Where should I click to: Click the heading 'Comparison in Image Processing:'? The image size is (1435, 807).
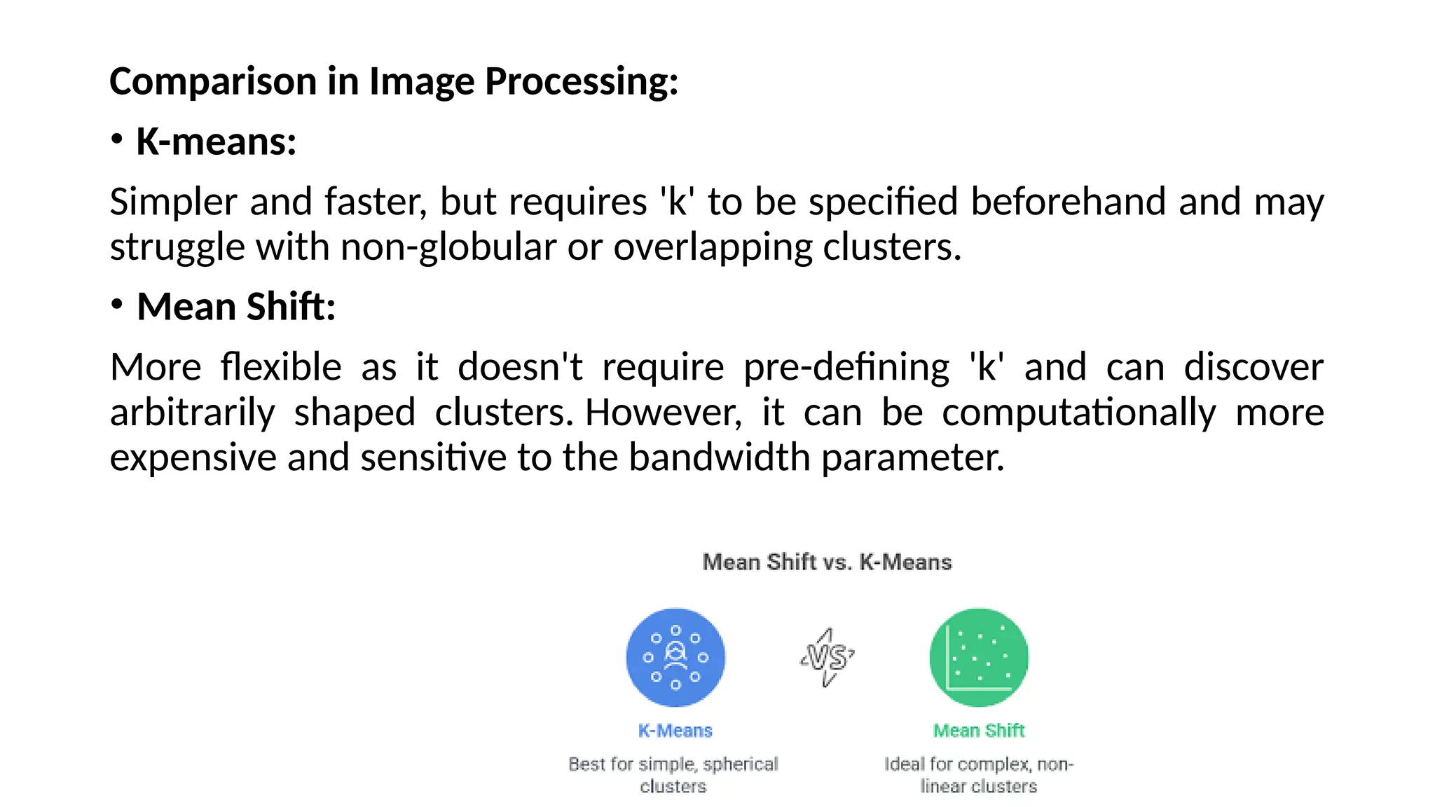(394, 81)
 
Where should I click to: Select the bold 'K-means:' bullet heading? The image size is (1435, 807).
(216, 142)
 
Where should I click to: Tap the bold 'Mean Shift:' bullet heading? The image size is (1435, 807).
(236, 307)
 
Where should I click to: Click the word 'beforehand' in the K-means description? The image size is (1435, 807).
(1069, 202)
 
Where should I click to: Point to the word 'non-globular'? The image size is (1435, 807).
(448, 247)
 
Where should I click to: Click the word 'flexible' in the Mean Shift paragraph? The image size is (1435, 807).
(281, 367)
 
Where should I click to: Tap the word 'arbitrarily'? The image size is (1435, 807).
(193, 412)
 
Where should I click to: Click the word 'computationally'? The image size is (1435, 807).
(1079, 412)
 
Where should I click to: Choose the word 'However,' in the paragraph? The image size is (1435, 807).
(664, 412)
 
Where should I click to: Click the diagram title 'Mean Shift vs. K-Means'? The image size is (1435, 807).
(827, 562)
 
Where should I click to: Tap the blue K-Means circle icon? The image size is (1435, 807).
(675, 657)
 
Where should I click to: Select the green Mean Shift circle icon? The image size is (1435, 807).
(979, 657)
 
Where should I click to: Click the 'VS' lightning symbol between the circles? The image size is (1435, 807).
(827, 657)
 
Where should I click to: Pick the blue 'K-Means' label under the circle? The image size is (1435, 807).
(675, 731)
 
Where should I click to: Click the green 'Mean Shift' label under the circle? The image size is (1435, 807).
(979, 731)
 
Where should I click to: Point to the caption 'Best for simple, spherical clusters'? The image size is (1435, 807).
(673, 775)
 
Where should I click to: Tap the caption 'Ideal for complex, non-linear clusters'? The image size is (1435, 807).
(979, 775)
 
